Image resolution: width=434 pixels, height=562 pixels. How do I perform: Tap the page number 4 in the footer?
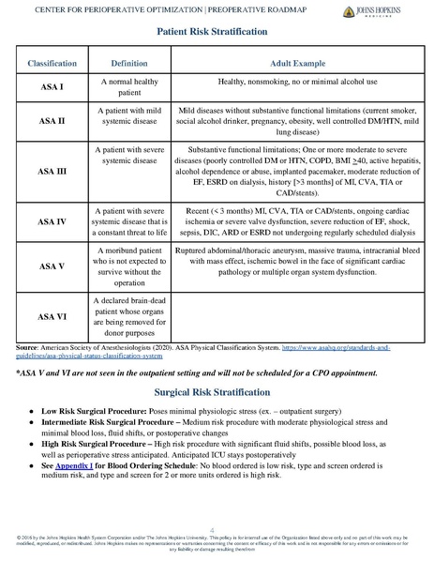[x=217, y=529]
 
